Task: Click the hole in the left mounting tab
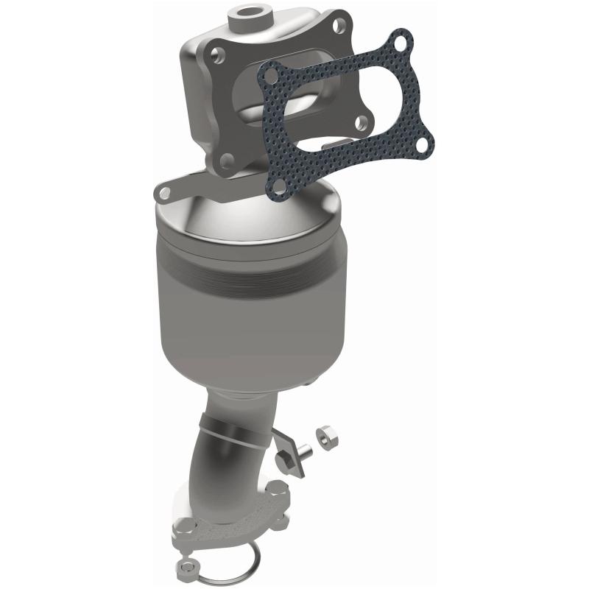point(164,193)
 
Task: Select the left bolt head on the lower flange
point(185,528)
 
